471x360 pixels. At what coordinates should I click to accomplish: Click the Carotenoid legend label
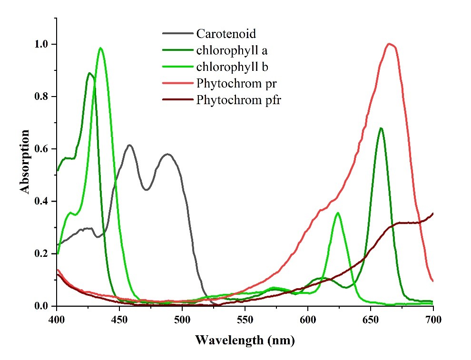coord(226,34)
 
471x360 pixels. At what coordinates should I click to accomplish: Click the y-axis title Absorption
coord(25,161)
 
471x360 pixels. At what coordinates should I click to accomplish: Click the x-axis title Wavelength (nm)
coord(245,341)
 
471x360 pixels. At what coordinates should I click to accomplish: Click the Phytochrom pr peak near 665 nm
coord(390,44)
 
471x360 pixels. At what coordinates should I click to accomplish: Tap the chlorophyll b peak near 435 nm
coord(100,48)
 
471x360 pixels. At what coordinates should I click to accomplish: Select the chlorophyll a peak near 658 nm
coord(381,128)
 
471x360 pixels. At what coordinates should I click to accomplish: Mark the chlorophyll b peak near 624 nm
coord(338,213)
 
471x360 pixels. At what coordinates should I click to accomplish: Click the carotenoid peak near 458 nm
coord(129,145)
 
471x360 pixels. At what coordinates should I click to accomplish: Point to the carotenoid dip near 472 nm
coord(147,190)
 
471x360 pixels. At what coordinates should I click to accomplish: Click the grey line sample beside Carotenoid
coord(177,34)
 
